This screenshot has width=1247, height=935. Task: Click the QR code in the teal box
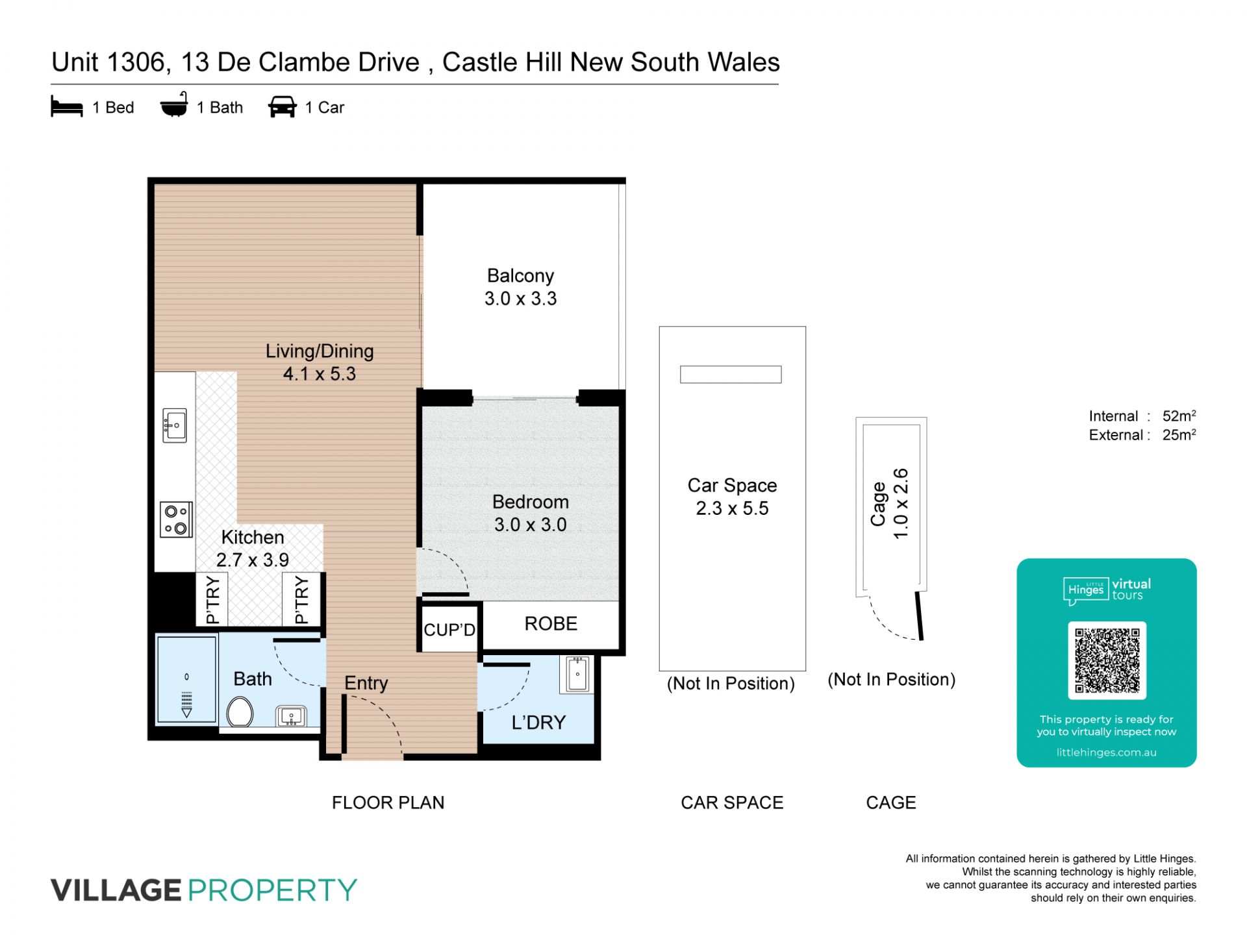(1107, 660)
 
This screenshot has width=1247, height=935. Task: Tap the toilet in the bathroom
(240, 712)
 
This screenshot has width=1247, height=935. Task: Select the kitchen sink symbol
(175, 425)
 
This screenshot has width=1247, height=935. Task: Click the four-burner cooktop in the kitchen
(176, 520)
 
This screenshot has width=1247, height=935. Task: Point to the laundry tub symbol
(577, 674)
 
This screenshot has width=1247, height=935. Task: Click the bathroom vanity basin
(292, 717)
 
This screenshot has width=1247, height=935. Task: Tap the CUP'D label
(449, 630)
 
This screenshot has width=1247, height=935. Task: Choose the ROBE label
(551, 624)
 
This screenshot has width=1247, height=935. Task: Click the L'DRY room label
(538, 722)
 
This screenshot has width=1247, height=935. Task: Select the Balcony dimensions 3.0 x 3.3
(520, 299)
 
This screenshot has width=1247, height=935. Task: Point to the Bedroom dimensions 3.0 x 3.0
(530, 525)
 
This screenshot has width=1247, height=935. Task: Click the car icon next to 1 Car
(283, 107)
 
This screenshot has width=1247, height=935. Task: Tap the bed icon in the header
(67, 107)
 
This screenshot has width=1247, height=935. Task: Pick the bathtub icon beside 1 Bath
(174, 105)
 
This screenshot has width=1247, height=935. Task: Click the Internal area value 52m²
(1179, 416)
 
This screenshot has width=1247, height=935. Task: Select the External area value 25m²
(1179, 434)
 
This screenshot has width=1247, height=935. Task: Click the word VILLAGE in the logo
(116, 890)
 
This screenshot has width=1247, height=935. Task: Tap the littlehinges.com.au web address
(1106, 753)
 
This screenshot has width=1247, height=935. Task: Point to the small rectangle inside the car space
(731, 375)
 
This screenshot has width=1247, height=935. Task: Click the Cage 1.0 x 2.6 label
(890, 504)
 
